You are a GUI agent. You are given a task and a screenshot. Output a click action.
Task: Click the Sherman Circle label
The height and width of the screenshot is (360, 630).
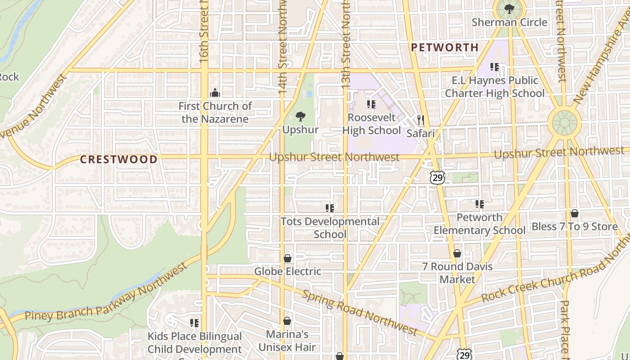point(509,22)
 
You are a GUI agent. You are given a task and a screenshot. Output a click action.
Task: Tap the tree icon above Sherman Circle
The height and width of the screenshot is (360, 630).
point(509,9)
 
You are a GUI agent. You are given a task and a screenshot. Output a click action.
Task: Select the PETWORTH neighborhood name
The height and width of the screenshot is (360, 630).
point(445,47)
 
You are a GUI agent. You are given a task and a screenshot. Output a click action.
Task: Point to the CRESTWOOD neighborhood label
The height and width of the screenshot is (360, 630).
point(119,159)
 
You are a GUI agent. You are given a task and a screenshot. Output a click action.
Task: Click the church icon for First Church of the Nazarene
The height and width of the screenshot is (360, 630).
point(215,93)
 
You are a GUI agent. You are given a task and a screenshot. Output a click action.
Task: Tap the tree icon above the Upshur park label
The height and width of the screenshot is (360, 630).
point(300,117)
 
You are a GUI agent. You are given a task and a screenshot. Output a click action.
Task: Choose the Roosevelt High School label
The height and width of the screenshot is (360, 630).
point(371,124)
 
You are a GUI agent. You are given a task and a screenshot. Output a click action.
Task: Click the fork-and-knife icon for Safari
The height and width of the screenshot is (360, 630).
point(421,120)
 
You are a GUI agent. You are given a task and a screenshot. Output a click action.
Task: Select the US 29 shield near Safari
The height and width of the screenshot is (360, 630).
point(437,177)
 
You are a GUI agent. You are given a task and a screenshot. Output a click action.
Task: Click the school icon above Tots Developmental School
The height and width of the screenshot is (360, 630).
point(330,208)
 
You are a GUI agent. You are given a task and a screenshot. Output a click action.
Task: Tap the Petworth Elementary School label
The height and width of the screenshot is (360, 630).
point(479,224)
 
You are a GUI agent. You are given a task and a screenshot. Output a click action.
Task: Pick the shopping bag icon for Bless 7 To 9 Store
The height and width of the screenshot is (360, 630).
point(575,213)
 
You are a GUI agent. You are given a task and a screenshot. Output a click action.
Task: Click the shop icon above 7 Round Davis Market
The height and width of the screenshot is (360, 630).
point(457,253)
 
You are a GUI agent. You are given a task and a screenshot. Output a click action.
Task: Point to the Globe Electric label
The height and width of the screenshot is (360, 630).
point(288,271)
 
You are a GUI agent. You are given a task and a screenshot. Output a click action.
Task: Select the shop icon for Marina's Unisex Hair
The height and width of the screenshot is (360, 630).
point(287,321)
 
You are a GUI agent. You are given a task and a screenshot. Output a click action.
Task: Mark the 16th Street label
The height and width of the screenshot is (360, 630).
point(204,31)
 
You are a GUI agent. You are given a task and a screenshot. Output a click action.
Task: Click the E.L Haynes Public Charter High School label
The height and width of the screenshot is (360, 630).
point(494,87)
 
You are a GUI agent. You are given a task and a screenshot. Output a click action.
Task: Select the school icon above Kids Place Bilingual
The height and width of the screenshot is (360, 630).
point(194,323)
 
